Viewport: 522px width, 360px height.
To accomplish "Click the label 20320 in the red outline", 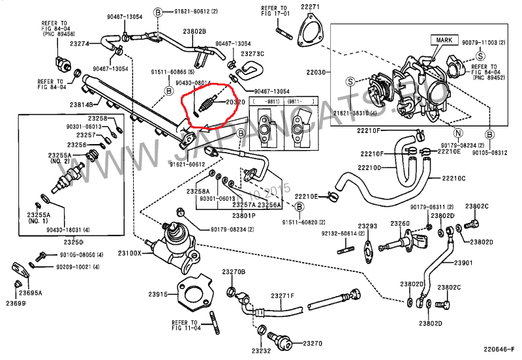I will coord(236,102).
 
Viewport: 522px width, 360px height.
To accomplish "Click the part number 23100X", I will coord(129,252).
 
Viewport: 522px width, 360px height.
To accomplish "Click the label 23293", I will coord(368,226).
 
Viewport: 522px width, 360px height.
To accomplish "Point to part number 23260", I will coord(400,224).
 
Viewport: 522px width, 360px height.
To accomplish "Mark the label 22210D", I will coord(369,167).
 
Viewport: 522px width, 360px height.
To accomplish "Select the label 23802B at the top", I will coord(194,31).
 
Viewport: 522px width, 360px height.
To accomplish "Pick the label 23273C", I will coord(253,53).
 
